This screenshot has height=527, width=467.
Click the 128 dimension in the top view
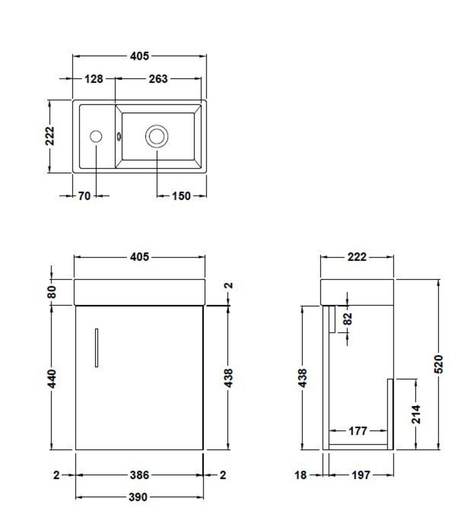click(94, 79)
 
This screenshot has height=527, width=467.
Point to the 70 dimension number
click(84, 195)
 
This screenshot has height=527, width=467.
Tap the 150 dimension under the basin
click(181, 195)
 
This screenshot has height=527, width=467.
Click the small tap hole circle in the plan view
click(95, 136)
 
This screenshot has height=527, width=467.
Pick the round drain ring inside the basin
click(156, 136)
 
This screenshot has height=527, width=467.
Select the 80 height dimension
click(52, 291)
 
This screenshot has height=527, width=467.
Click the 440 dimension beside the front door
click(52, 378)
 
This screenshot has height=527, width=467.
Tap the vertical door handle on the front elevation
click(97, 347)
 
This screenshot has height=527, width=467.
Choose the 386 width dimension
click(139, 475)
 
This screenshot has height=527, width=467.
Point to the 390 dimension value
click(138, 497)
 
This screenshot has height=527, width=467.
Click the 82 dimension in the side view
click(348, 319)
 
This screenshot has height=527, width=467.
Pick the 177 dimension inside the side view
click(358, 431)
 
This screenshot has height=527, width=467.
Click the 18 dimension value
click(301, 475)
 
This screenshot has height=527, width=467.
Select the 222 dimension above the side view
click(357, 257)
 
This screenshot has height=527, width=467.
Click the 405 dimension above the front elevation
click(139, 257)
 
